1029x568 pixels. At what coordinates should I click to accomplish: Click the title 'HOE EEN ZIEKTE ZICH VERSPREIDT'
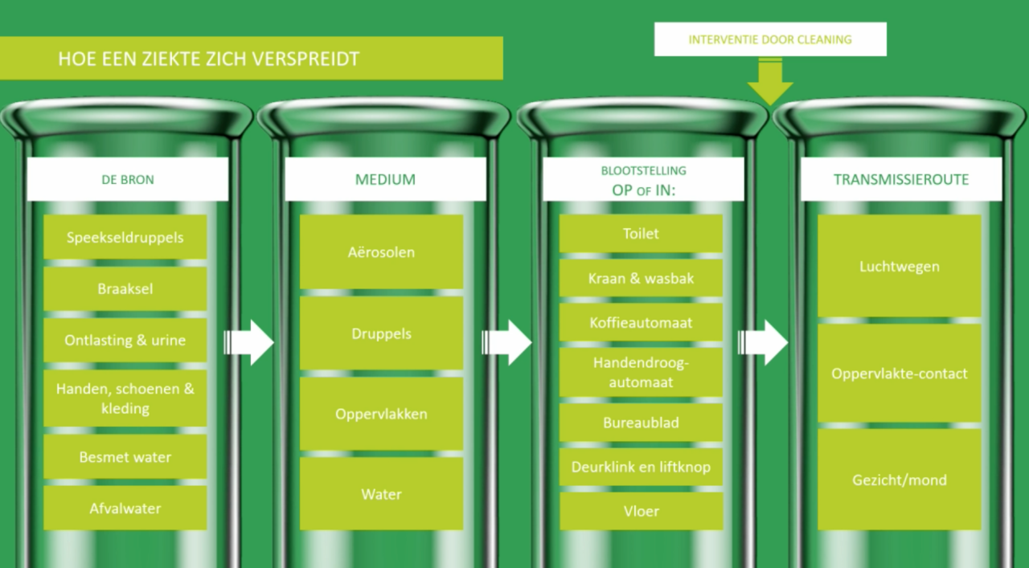[x=209, y=59]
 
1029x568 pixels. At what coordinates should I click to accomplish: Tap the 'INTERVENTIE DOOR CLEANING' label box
[x=770, y=39]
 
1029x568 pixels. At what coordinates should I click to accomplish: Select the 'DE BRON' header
[x=128, y=179]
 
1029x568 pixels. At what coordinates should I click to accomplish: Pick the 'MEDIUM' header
[x=385, y=179]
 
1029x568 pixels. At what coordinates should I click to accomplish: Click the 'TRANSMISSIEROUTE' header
[x=900, y=179]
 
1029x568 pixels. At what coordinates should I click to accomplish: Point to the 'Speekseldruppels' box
[x=125, y=237]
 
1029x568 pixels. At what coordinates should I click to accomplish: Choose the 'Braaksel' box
[x=125, y=288]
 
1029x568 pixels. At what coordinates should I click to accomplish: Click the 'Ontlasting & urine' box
[x=125, y=340]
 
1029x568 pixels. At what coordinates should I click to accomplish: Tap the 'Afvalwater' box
[x=125, y=508]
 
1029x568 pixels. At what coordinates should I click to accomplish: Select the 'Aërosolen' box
[x=382, y=252]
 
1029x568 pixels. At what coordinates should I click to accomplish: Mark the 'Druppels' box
[x=382, y=333]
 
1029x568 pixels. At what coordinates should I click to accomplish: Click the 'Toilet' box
[x=641, y=234]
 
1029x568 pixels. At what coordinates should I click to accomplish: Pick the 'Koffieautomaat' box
[x=641, y=323]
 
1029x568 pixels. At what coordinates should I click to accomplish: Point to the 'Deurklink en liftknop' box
[x=641, y=467]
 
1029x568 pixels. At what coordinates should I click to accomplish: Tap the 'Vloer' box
[x=641, y=511]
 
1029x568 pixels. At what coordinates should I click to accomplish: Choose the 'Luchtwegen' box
[x=900, y=266]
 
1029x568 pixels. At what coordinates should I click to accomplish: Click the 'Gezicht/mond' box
[x=900, y=480]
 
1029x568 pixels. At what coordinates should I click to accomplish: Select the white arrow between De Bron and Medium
[x=250, y=342]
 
